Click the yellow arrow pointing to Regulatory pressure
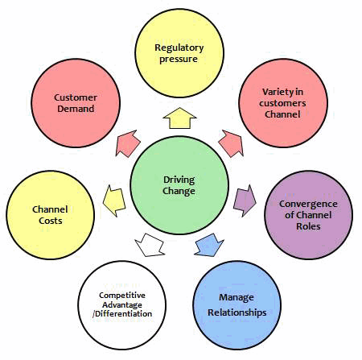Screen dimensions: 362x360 [x=179, y=118]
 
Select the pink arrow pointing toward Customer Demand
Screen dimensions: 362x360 [x=128, y=143]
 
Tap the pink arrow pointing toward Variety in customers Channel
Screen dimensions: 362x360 [x=232, y=143]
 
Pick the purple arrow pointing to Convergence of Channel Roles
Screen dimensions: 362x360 [x=245, y=201]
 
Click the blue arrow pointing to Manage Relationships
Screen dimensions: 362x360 [x=209, y=246]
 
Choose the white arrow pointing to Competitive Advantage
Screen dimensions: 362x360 [x=150, y=246]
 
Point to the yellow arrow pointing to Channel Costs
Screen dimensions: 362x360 [x=114, y=201]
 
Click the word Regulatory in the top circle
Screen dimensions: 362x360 [x=179, y=48]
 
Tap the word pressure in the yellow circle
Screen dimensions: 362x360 [x=179, y=60]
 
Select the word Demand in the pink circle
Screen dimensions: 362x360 [x=76, y=109]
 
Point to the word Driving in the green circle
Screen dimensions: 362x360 [x=179, y=180]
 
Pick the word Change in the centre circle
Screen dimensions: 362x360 [x=179, y=191]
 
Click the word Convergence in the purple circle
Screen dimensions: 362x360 [x=308, y=204]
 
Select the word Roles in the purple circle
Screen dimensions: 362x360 [x=308, y=226]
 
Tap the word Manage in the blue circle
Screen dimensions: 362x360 [x=237, y=298]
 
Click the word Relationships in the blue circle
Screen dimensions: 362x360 [x=237, y=312]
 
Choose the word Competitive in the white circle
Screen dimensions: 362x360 [x=122, y=296]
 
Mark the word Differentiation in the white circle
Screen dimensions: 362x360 [x=124, y=314]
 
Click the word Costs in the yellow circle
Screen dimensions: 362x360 [x=51, y=221]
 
